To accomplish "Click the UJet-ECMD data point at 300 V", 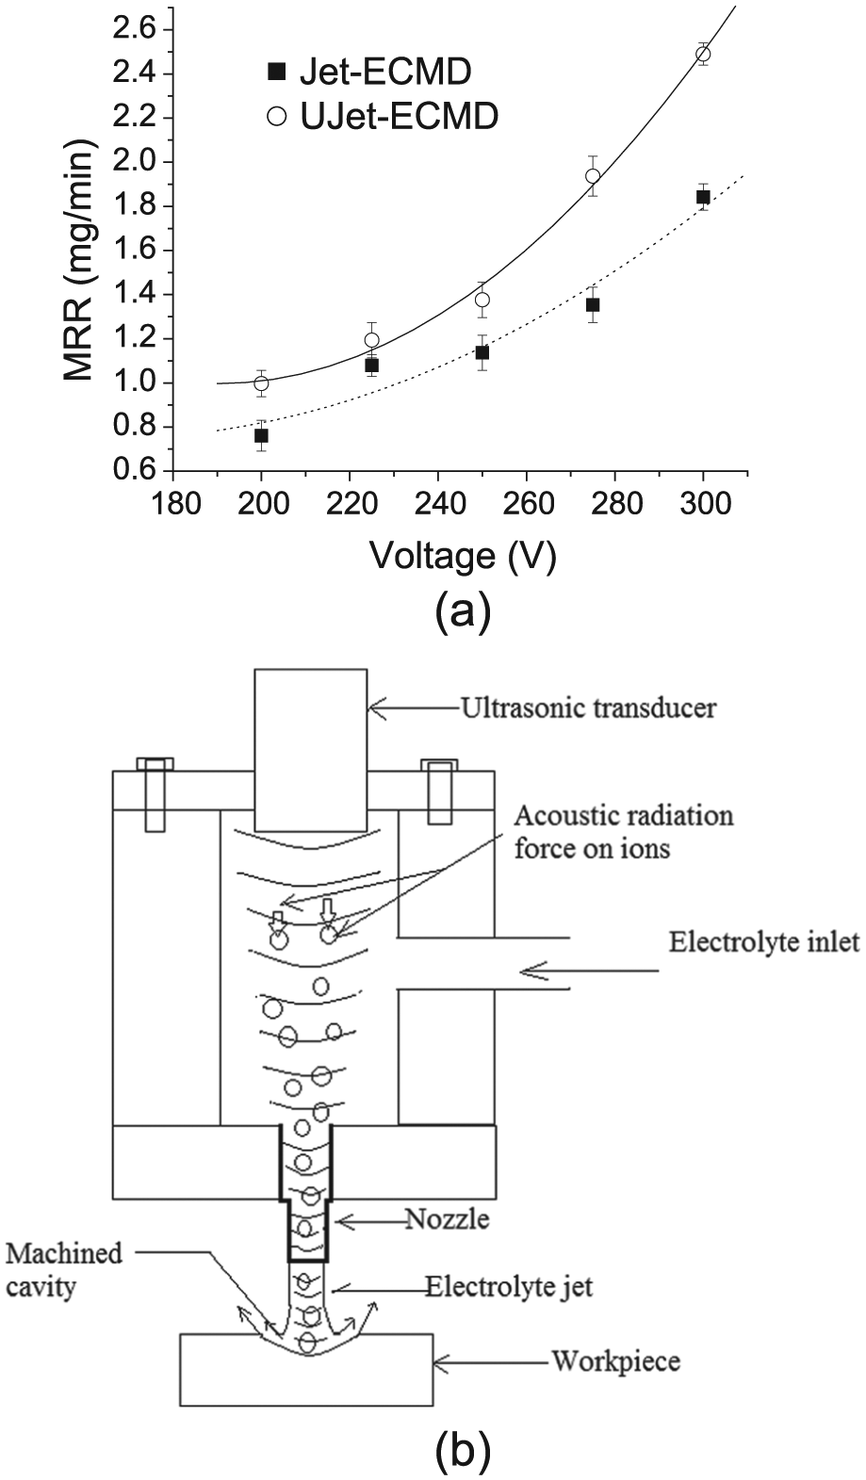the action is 703,55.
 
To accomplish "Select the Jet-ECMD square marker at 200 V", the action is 261,435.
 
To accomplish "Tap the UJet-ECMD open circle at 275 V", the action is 593,176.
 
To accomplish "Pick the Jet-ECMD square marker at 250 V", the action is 482,352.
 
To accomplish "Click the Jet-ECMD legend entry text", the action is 385,72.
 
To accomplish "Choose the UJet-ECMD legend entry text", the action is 399,118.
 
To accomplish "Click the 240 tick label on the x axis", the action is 437,504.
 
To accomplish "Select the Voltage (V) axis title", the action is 463,557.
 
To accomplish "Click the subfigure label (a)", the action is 463,612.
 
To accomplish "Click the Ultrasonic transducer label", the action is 588,707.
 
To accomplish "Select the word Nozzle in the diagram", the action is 448,1219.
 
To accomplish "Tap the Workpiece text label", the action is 616,1361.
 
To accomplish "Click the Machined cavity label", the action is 65,1270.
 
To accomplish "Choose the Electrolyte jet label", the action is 509,1287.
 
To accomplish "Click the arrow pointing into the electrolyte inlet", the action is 590,970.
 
